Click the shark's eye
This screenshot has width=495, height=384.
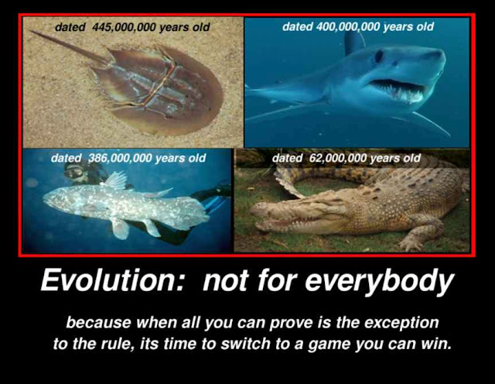(379, 56)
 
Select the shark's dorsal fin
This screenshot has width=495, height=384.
(355, 43)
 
